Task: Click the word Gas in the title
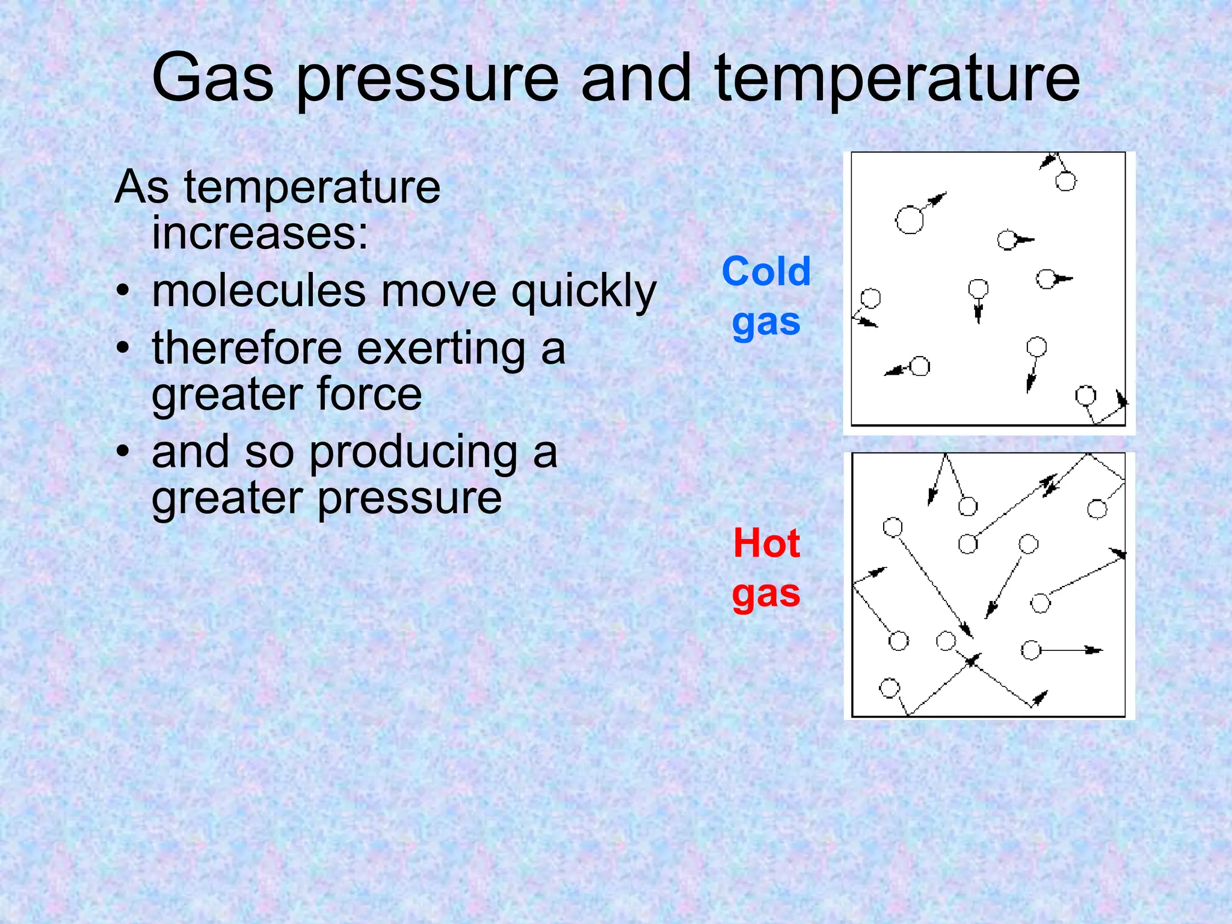pos(214,78)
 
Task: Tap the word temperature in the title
pos(897,78)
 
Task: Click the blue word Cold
pos(766,271)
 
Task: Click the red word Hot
pos(766,543)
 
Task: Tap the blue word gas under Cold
pos(766,323)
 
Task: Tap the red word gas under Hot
pos(766,594)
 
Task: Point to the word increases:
pos(260,233)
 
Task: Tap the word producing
pos(414,453)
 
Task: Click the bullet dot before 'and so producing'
pos(123,452)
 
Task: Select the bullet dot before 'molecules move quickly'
pos(123,291)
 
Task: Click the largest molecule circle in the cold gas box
pos(910,220)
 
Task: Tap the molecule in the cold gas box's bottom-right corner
pos(1085,396)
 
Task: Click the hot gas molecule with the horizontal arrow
pos(1031,650)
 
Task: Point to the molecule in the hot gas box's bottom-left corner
pos(890,687)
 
